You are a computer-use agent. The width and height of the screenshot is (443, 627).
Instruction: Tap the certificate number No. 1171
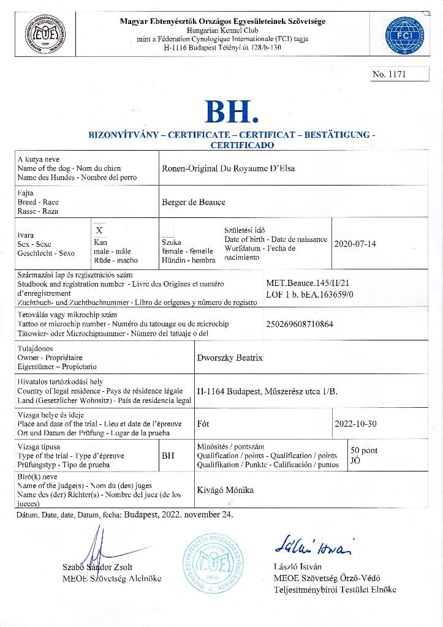[x=390, y=75]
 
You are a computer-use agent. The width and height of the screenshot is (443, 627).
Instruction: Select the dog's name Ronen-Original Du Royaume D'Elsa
[x=227, y=168]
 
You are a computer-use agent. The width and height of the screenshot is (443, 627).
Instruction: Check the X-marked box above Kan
[x=99, y=229]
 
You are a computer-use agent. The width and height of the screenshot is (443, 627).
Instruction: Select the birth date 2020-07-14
[x=355, y=244]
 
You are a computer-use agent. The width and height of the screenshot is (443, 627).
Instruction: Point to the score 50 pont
[x=364, y=451]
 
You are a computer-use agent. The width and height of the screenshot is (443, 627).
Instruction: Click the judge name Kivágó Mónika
[x=225, y=490]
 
